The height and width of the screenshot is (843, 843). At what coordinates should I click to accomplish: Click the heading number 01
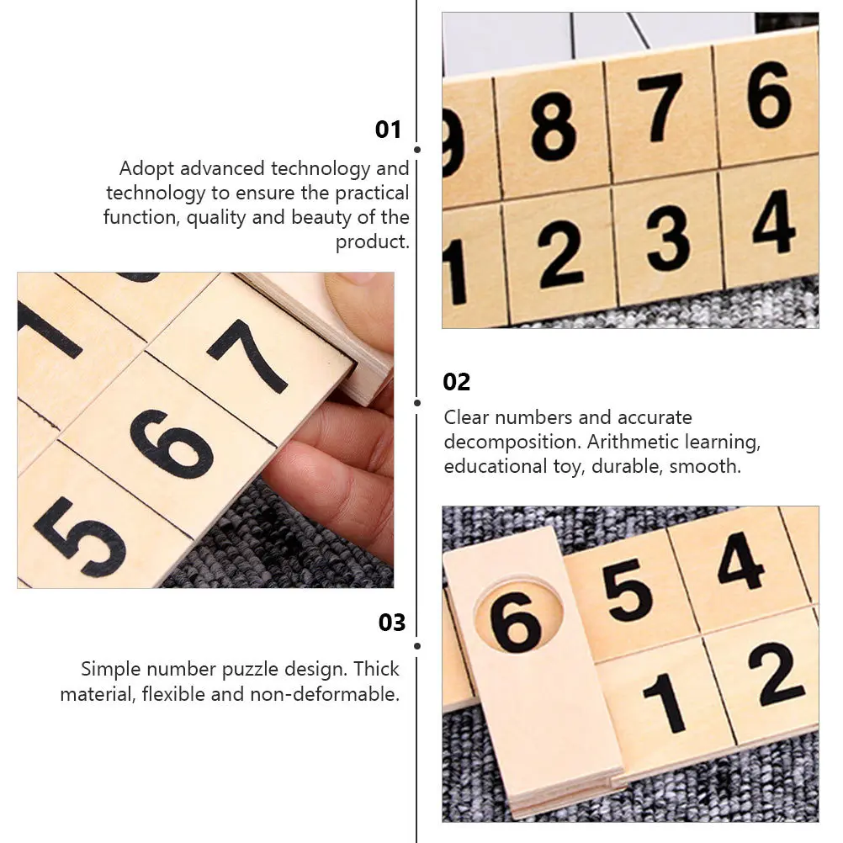coord(388,130)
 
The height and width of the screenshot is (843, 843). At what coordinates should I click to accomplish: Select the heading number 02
coord(457,382)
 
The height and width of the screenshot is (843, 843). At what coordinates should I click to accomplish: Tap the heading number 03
coord(392,623)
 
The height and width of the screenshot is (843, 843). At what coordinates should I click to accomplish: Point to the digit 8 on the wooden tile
coord(554,127)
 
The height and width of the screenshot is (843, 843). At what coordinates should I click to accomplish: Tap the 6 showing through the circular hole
coord(515,621)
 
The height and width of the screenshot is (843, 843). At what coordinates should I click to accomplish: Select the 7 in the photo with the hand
coord(249,354)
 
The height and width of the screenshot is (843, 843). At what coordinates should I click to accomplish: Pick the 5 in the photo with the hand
coord(80,536)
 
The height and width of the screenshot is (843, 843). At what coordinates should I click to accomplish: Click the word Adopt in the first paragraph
coord(144,169)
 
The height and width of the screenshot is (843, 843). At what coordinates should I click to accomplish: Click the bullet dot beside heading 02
coord(416,403)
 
